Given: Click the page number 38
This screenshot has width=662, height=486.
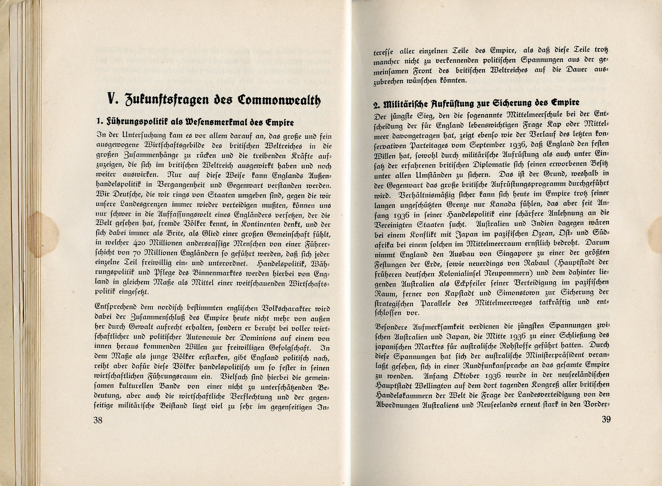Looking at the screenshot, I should click(98, 420).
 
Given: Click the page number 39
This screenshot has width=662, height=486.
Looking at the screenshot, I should click(606, 419).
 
